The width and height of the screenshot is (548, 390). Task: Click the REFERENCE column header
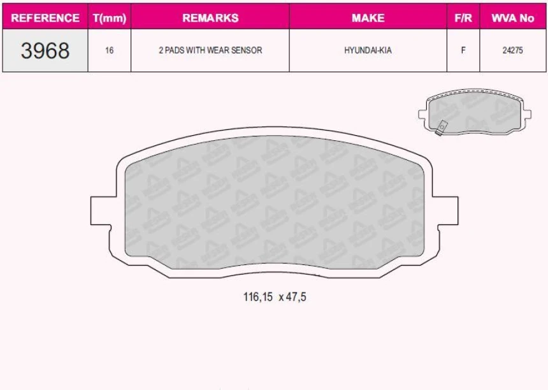click(45, 18)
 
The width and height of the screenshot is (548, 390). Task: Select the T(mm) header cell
click(110, 18)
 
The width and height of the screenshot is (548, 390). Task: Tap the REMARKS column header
click(210, 18)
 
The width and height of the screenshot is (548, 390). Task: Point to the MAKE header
click(368, 18)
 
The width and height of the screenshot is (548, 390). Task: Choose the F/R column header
click(463, 18)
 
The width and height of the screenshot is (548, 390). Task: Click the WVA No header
click(512, 18)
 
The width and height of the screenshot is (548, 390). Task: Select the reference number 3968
click(45, 50)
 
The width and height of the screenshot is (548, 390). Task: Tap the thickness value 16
click(110, 50)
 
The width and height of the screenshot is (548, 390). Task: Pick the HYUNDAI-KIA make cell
click(368, 50)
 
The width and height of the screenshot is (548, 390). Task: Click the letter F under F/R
click(463, 50)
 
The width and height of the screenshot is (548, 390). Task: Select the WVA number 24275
click(512, 50)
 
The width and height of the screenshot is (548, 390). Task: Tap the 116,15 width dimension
click(257, 296)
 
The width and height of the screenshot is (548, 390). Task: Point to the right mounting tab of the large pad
click(448, 211)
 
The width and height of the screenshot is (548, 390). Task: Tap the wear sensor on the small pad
click(440, 128)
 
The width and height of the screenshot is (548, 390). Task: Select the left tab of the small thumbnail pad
click(422, 115)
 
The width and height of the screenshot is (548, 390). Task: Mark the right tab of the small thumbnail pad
click(527, 115)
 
